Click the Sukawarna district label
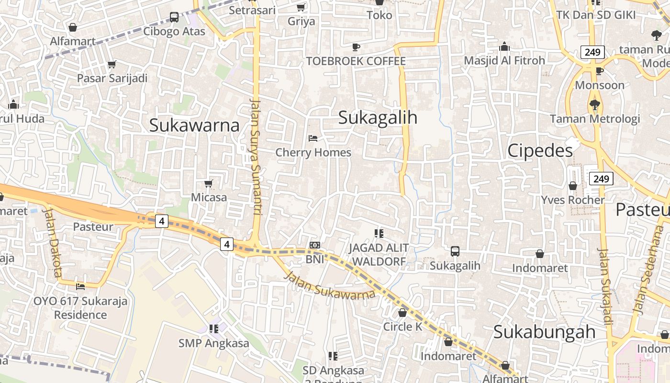pyautogui.click(x=194, y=125)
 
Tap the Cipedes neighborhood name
pyautogui.click(x=540, y=150)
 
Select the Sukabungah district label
pyautogui.click(x=544, y=332)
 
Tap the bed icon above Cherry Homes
pyautogui.click(x=313, y=138)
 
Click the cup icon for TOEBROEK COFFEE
pyautogui.click(x=356, y=47)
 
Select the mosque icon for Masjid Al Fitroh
pyautogui.click(x=504, y=46)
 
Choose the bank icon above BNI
pyautogui.click(x=314, y=245)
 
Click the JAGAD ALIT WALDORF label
pyautogui.click(x=379, y=254)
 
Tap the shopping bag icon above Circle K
pyautogui.click(x=402, y=313)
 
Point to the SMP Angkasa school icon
pyautogui.click(x=213, y=328)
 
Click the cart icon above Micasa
pyautogui.click(x=208, y=183)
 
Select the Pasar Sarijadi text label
pyautogui.click(x=112, y=78)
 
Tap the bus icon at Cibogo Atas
pyautogui.click(x=174, y=17)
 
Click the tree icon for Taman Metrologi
pyautogui.click(x=595, y=104)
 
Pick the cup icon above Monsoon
pyautogui.click(x=599, y=71)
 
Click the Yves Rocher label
pyautogui.click(x=573, y=200)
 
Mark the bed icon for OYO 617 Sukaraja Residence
pyautogui.click(x=80, y=286)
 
